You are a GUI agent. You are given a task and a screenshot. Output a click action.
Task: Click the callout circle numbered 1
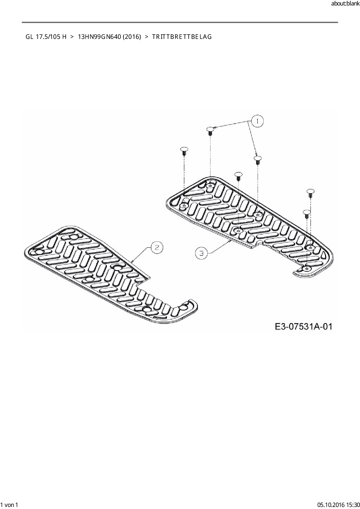[257, 121]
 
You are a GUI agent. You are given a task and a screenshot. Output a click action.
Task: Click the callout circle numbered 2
[157, 247]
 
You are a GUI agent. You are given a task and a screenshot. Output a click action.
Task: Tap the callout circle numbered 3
[201, 253]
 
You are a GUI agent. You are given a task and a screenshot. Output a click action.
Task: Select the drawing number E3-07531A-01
[303, 326]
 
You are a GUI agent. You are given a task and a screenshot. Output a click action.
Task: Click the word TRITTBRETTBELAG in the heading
[182, 37]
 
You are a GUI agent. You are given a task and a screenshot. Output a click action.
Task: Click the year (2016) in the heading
[132, 37]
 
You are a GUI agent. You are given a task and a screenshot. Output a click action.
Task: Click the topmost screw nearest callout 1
[210, 130]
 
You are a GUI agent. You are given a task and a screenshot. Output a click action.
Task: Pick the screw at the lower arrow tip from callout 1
[257, 160]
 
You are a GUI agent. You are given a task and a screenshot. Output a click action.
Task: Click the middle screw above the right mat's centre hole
[238, 176]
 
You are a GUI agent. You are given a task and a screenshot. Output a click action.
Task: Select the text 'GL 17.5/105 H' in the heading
[46, 37]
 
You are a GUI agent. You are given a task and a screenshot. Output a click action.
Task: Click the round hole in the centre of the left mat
[118, 267]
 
